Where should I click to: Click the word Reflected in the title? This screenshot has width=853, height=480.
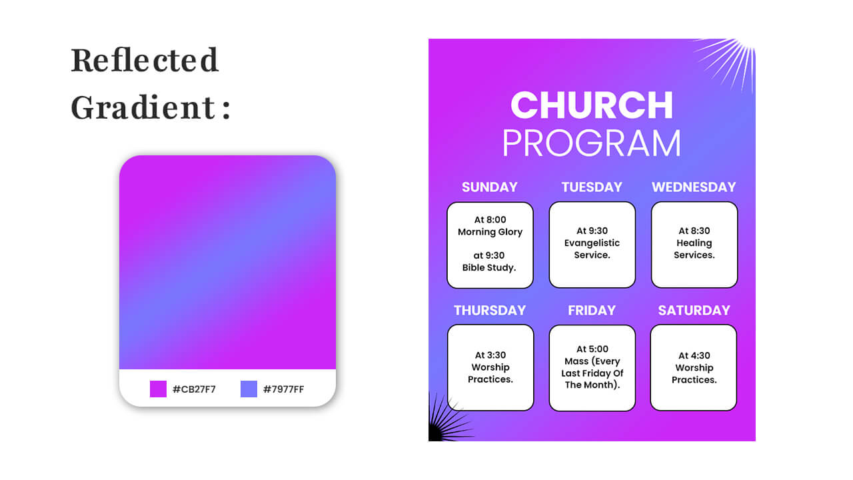pyautogui.click(x=145, y=60)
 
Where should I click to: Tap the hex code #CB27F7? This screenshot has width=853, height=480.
pyautogui.click(x=194, y=389)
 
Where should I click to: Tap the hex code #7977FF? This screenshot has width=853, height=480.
pyautogui.click(x=284, y=389)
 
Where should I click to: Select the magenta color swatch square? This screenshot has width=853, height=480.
pyautogui.click(x=158, y=389)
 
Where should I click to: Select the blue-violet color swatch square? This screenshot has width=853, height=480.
pyautogui.click(x=249, y=389)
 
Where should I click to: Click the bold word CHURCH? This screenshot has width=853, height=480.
pyautogui.click(x=592, y=105)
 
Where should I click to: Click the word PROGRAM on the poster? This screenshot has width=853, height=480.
pyautogui.click(x=592, y=143)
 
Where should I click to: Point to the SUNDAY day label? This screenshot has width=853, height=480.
pyautogui.click(x=490, y=187)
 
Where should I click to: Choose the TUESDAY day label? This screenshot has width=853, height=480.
pyautogui.click(x=592, y=187)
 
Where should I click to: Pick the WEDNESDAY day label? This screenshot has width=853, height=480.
pyautogui.click(x=694, y=187)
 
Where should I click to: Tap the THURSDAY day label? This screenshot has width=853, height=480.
pyautogui.click(x=490, y=311)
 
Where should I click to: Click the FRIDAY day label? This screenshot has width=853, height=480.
pyautogui.click(x=592, y=311)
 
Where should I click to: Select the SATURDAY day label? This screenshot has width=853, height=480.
pyautogui.click(x=694, y=311)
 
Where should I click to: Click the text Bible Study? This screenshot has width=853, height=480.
pyautogui.click(x=490, y=268)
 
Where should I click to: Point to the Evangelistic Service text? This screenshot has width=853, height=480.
pyautogui.click(x=592, y=249)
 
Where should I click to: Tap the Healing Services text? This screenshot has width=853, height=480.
pyautogui.click(x=694, y=249)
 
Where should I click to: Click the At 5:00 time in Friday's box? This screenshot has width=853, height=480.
pyautogui.click(x=592, y=349)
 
